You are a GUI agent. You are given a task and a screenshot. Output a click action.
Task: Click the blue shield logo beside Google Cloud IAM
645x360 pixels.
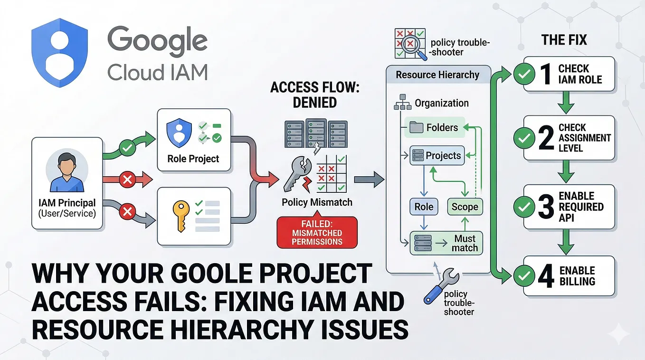coord(59,52)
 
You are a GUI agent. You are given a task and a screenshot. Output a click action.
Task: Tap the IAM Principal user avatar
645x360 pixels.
coord(67,172)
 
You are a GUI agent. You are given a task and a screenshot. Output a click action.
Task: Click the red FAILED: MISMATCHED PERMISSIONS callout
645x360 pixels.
coord(317,232)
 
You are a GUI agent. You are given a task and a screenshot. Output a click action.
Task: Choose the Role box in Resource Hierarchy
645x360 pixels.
coord(424,207)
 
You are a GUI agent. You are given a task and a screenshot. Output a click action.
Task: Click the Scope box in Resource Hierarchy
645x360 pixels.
coord(465,207)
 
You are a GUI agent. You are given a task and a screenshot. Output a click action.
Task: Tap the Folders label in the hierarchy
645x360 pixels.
coord(442,127)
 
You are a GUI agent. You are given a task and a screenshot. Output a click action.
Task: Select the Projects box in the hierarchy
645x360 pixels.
coord(437,155)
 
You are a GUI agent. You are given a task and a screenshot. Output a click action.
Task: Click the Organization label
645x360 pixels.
coord(442,103)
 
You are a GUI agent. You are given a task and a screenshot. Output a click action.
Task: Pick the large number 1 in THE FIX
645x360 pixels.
coord(546,74)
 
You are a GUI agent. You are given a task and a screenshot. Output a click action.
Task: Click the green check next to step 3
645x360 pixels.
coord(524,207)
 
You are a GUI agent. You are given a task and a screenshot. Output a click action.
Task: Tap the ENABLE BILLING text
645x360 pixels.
coord(577,276)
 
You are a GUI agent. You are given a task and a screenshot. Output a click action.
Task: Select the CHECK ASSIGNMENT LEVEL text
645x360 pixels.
coord(585,138)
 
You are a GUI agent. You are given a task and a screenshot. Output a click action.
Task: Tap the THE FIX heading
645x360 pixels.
coord(564,40)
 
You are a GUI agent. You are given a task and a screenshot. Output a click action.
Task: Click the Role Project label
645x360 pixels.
coord(193,159)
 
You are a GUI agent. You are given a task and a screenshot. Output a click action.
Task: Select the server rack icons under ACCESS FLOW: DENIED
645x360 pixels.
coord(316,134)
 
